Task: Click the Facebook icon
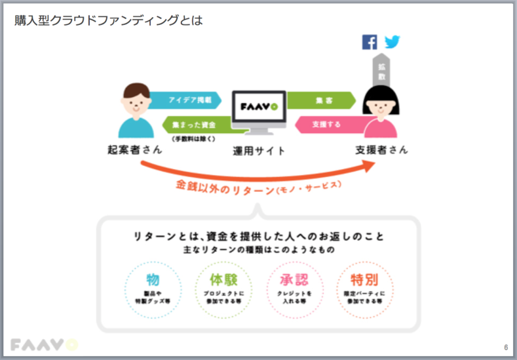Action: pos(370,42)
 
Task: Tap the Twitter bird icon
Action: pos(393,42)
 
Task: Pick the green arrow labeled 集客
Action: pos(320,100)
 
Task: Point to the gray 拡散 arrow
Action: pos(380,70)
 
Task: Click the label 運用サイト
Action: pos(259,151)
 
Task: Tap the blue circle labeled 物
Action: pos(153,288)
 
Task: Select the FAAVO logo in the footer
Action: pos(44,344)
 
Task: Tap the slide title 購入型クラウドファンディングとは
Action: pos(109,20)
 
